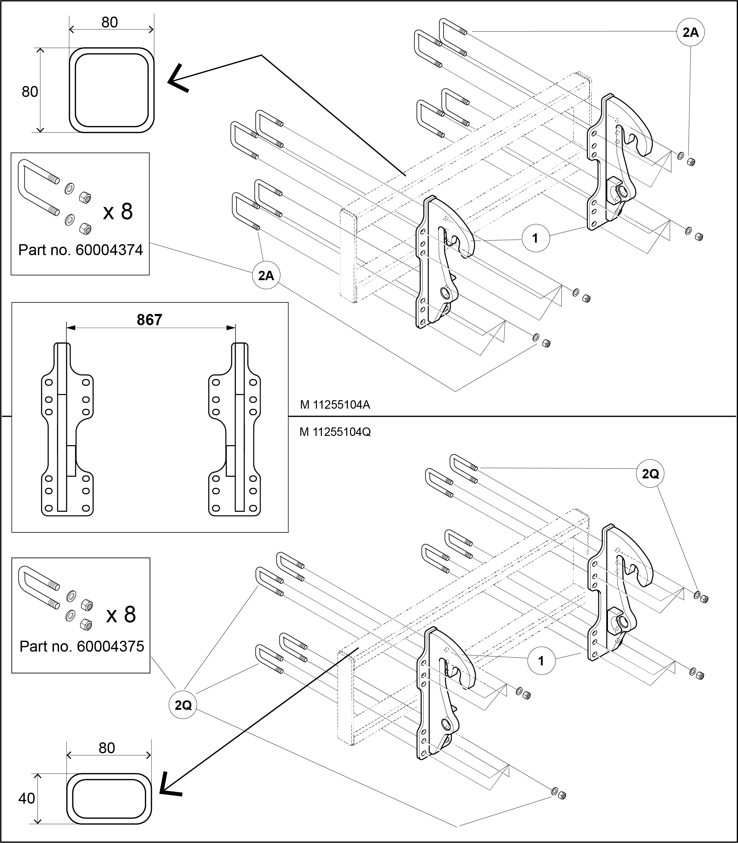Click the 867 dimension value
pyautogui.click(x=149, y=320)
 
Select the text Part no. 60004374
pyautogui.click(x=81, y=250)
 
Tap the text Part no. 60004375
pyautogui.click(x=82, y=646)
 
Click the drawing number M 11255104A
pyautogui.click(x=335, y=405)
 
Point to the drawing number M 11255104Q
pyautogui.click(x=335, y=432)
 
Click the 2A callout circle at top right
pyautogui.click(x=690, y=32)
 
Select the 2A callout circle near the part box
pyautogui.click(x=266, y=275)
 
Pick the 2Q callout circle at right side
pyautogui.click(x=651, y=474)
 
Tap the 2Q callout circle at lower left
pyautogui.click(x=183, y=705)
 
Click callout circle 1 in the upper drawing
pyautogui.click(x=535, y=238)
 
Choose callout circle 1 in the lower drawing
pyautogui.click(x=541, y=661)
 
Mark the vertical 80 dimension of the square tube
pyautogui.click(x=30, y=92)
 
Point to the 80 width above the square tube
pyautogui.click(x=109, y=22)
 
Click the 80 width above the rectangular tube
pyautogui.click(x=107, y=748)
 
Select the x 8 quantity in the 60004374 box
pyautogui.click(x=118, y=211)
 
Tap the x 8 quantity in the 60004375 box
pyautogui.click(x=121, y=615)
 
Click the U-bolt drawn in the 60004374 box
pyautogui.click(x=37, y=188)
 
